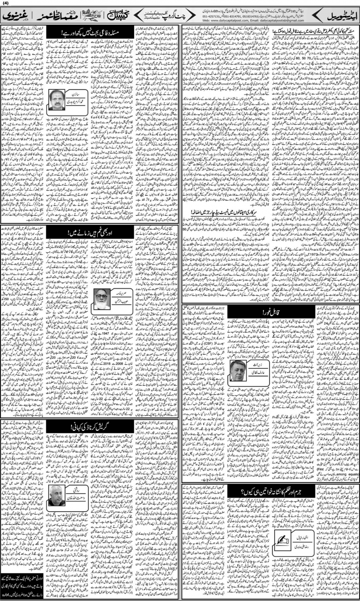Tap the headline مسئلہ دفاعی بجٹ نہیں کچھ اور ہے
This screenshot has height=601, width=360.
91,32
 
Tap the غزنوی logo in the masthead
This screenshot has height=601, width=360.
15,17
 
